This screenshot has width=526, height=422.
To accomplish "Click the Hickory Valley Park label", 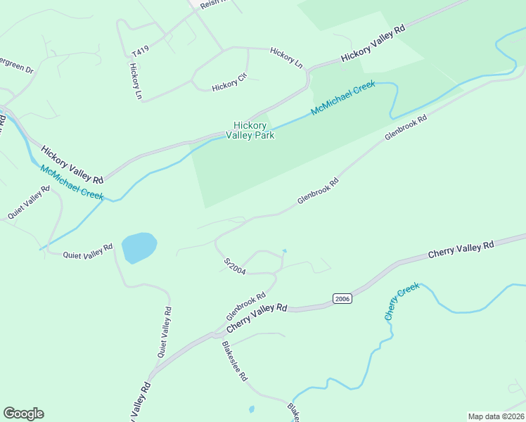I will click(250, 130).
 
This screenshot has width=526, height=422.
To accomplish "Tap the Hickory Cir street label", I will click(229, 85).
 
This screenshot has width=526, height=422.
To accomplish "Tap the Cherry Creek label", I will click(402, 301).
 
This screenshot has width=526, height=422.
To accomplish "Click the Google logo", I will click(23, 414).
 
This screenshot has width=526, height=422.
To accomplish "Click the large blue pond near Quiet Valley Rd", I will click(139, 247).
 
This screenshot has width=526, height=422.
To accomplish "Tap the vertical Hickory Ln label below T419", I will click(136, 81).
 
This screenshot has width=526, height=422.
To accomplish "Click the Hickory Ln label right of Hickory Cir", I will click(286, 58).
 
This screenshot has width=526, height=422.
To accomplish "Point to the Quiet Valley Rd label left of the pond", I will click(87, 252).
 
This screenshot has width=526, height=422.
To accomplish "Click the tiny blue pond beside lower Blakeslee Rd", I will click(252, 409).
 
